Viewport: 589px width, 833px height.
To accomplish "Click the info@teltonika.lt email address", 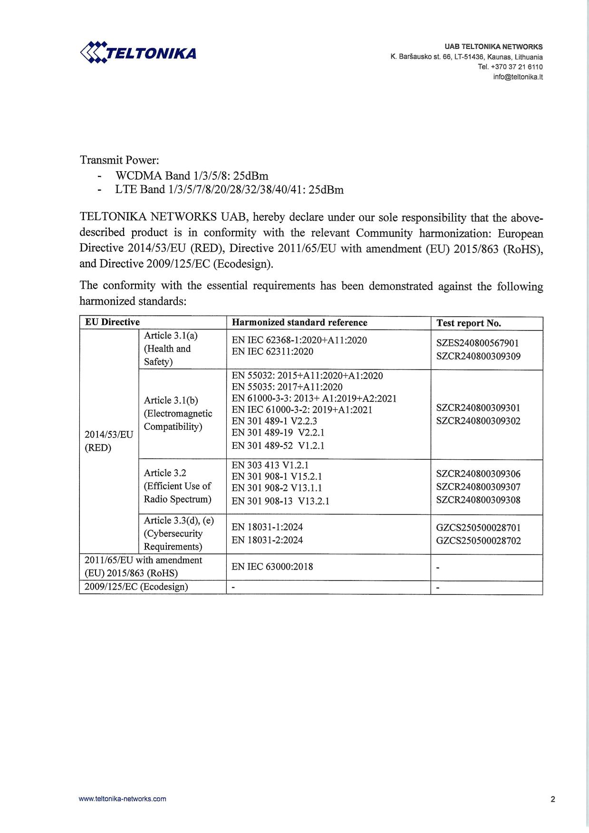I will tap(518, 77).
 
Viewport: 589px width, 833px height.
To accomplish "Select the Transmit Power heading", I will tap(119, 160).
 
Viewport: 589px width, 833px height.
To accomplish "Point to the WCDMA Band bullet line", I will tap(192, 175).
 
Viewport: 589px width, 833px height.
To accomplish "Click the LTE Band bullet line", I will tap(229, 190).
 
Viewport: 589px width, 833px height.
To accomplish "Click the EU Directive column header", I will tap(112, 322).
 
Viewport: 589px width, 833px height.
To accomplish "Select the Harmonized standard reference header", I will tap(299, 322).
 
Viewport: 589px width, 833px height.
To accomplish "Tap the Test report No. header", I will tap(469, 323).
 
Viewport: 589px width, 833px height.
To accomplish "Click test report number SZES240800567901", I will tap(478, 343).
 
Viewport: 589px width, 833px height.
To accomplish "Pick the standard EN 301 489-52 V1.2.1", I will tap(278, 446).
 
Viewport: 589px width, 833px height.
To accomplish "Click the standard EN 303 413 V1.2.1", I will tap(270, 465).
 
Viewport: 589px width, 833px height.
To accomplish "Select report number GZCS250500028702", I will tap(478, 541).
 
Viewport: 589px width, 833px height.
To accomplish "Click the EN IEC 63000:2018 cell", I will tap(272, 567).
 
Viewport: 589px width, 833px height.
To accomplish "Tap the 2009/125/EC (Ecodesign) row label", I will tap(136, 587).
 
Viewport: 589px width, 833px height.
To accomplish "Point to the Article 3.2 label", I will tap(165, 473).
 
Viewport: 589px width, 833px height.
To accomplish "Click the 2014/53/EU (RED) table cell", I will tap(109, 441).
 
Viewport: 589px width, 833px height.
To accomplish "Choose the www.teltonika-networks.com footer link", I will tap(123, 799).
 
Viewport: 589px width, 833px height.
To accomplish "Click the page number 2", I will tap(553, 799).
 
